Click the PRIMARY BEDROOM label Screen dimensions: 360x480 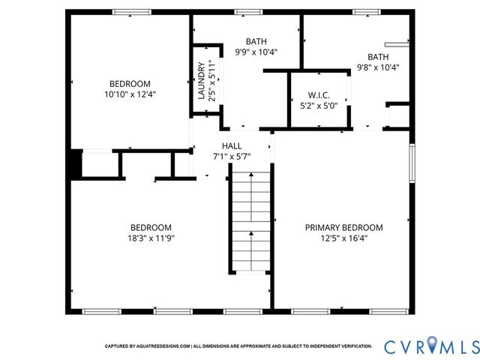[343, 227]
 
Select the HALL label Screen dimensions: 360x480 [232, 145]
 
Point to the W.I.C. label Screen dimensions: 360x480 [319, 95]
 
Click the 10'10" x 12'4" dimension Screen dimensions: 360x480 [130, 94]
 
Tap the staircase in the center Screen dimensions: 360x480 [250, 221]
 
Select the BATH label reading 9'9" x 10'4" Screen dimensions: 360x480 [256, 41]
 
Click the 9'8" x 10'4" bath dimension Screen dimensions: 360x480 [378, 67]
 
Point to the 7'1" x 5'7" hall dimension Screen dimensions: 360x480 [232, 156]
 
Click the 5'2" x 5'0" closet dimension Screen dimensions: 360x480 [319, 106]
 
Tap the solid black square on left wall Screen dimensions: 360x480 [73, 164]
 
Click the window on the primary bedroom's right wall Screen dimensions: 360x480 [412, 163]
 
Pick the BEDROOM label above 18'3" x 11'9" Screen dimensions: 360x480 [151, 227]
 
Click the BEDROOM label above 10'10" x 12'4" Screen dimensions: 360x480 [130, 84]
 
